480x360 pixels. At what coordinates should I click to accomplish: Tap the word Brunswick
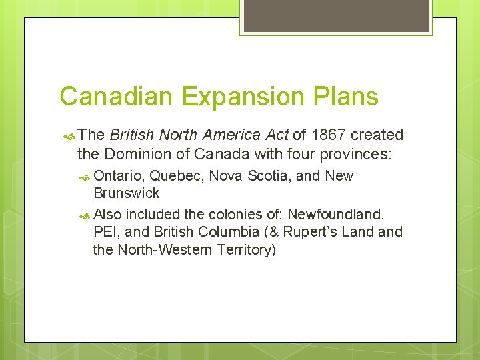(127, 193)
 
